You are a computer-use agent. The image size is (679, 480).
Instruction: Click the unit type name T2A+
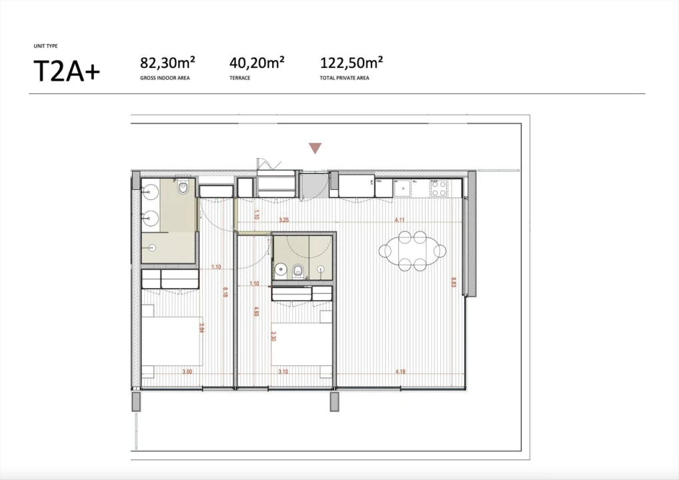[66, 71]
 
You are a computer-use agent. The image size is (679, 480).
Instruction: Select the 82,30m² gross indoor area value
[167, 63]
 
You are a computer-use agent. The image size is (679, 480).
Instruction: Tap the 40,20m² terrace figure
[257, 63]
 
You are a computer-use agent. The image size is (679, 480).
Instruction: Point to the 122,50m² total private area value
[352, 63]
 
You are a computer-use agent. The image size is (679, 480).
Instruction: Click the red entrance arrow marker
[315, 148]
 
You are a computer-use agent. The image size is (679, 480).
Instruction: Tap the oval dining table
[412, 251]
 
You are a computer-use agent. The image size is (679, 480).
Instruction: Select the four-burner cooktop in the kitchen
[438, 189]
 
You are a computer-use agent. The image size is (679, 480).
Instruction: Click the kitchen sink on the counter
[403, 189]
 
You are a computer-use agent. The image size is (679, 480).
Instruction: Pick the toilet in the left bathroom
[183, 189]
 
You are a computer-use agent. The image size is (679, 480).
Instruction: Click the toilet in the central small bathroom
[297, 270]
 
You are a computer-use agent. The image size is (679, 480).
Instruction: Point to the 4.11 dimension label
[400, 219]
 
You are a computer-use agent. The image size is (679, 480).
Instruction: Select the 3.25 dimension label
[283, 219]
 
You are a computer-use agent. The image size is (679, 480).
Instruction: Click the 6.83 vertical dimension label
[454, 282]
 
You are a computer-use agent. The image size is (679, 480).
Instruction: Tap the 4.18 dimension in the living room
[400, 371]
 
